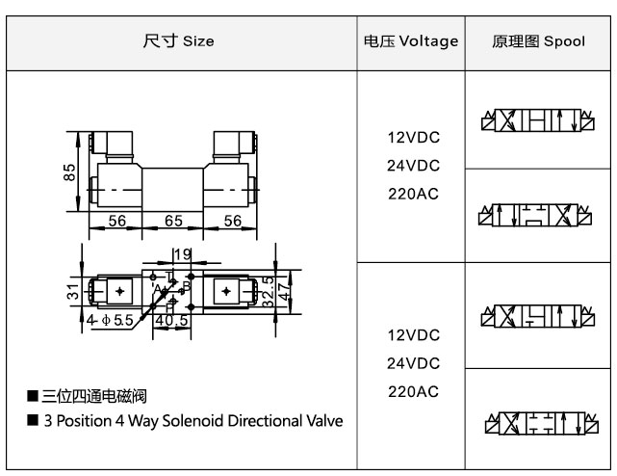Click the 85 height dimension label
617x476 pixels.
pyautogui.click(x=69, y=173)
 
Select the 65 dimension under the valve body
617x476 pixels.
pyautogui.click(x=173, y=222)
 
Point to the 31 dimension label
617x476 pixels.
pyautogui.click(x=72, y=292)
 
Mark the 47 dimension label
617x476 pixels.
pyautogui.click(x=283, y=290)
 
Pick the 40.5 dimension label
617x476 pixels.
pyautogui.click(x=170, y=321)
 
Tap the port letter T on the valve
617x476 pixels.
pyautogui.click(x=169, y=275)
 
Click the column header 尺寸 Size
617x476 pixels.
pyautogui.click(x=179, y=41)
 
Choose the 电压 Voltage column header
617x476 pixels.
pyautogui.click(x=411, y=41)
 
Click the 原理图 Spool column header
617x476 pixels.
pyautogui.click(x=538, y=41)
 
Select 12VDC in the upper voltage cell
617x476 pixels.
pyautogui.click(x=413, y=138)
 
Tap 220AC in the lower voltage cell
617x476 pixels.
pyautogui.click(x=413, y=391)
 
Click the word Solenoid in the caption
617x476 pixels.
pyautogui.click(x=196, y=421)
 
